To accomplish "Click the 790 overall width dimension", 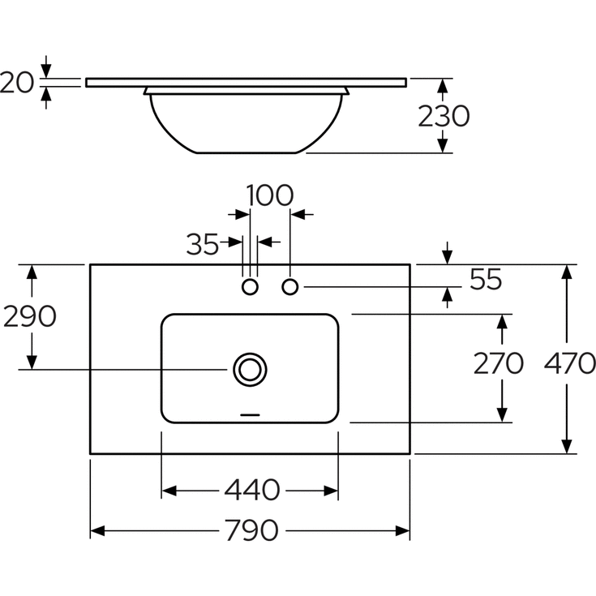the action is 251,530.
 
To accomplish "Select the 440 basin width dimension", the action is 252,490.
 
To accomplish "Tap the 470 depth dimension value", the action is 570,363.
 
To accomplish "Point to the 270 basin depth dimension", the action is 499,363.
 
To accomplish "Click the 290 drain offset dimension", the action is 30,316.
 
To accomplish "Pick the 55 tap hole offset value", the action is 486,279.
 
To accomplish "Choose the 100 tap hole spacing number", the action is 270,195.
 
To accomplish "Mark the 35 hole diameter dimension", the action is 203,244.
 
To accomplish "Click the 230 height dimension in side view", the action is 444,116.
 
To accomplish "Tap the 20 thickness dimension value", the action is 17,83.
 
